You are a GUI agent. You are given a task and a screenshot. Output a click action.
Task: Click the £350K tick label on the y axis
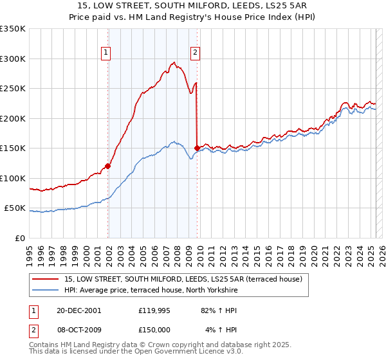tap(13, 29)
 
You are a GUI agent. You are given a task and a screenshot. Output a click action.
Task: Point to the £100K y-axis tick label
tap(13, 178)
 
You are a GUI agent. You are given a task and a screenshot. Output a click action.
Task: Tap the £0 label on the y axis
tap(20, 238)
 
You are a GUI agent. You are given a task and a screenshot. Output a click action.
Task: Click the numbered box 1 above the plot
tap(106, 53)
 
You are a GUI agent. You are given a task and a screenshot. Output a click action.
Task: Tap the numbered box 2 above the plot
tap(194, 53)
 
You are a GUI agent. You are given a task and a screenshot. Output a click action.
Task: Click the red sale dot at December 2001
tap(108, 166)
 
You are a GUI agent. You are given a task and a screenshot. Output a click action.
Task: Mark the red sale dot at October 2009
tap(197, 148)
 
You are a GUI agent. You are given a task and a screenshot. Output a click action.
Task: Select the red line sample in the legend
tap(46, 279)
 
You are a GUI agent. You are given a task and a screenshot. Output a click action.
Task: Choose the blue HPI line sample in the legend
tap(46, 290)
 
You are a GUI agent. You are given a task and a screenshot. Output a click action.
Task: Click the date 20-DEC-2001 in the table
tap(78, 310)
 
